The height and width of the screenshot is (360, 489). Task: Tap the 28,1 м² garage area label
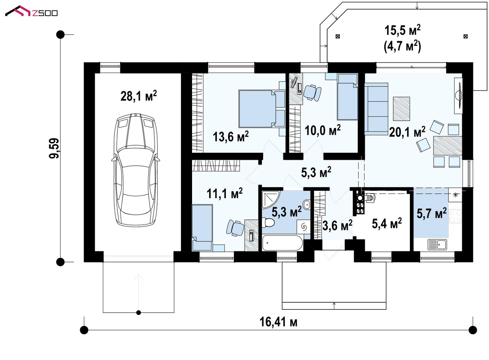[139, 96]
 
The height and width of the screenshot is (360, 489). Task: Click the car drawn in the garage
[136, 170]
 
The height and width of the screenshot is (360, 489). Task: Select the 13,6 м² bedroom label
[231, 136]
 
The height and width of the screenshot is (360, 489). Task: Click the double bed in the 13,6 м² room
[262, 108]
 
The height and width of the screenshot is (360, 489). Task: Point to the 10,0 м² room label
[322, 130]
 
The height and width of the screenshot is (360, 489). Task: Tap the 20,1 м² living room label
[407, 132]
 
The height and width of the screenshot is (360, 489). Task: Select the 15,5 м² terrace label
[402, 30]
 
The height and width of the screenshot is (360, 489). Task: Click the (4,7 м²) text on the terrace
[402, 46]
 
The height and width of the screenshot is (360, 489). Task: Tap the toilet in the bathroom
[268, 222]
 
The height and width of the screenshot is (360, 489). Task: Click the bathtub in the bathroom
[282, 243]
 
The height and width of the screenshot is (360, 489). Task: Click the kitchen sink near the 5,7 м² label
[437, 244]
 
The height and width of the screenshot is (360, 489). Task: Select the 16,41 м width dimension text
[278, 322]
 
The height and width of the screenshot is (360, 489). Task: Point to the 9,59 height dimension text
[54, 148]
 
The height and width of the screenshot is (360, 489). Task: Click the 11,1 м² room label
[225, 193]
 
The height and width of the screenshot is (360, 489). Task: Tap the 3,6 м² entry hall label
[337, 225]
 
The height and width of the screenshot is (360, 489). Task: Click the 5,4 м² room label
[387, 223]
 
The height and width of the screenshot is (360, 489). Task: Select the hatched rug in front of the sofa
[402, 109]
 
